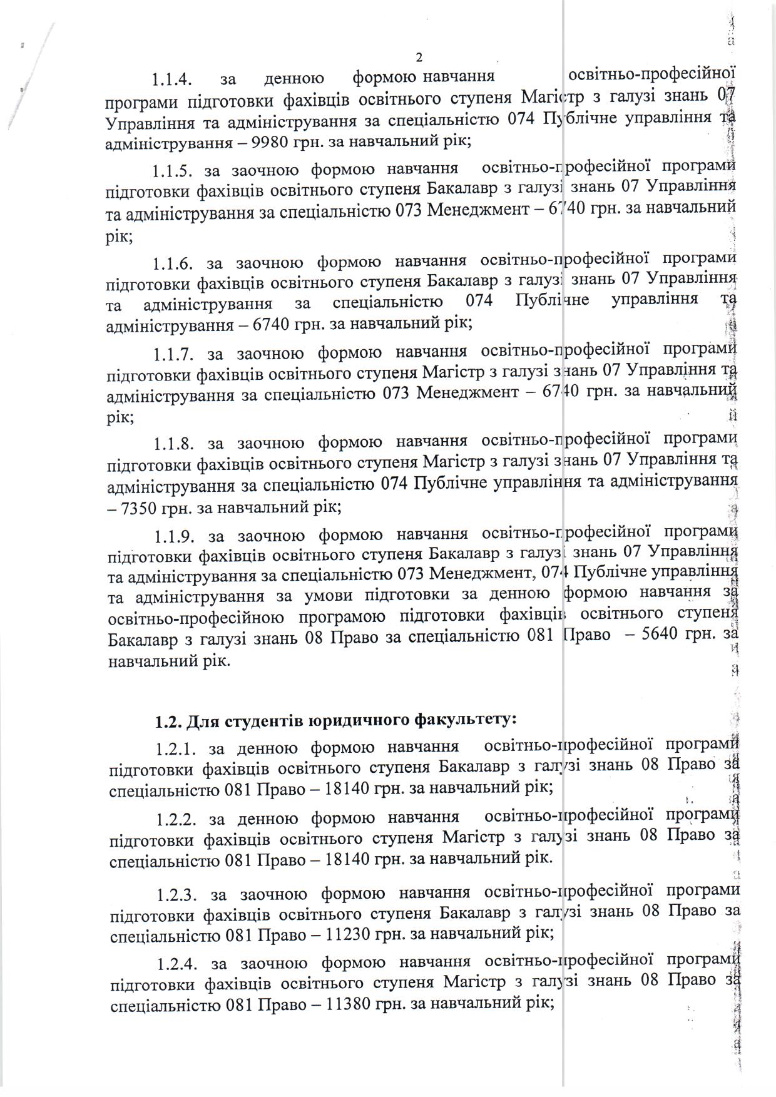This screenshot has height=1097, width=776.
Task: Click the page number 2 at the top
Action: point(419,57)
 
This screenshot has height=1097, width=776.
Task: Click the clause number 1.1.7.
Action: point(172,354)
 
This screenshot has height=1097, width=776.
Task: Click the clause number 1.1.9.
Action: point(172,536)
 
